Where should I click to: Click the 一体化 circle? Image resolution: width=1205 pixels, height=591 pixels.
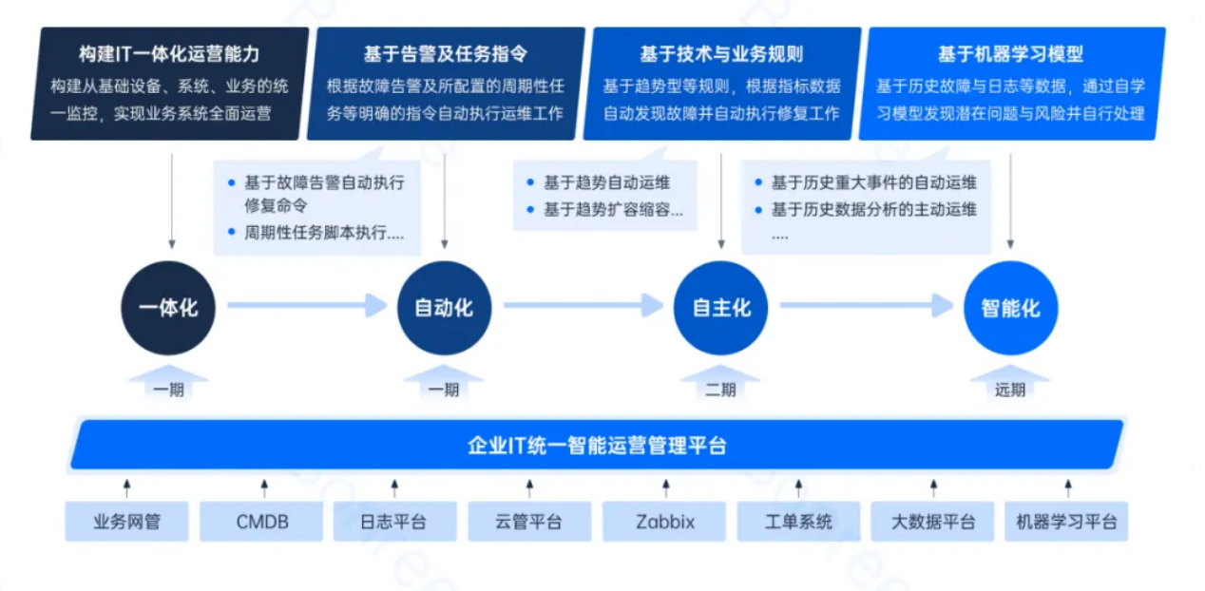click(168, 308)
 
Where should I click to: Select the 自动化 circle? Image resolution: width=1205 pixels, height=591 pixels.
click(444, 308)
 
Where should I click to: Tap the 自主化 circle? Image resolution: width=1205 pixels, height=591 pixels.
click(721, 308)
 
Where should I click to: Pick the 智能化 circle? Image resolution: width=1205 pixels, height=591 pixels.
click(1010, 308)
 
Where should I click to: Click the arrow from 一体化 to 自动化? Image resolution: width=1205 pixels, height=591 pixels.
click(306, 305)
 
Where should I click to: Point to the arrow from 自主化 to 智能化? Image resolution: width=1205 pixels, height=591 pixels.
click(866, 305)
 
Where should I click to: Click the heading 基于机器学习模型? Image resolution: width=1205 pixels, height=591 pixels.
click(1010, 54)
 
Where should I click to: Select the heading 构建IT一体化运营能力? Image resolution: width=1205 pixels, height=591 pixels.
click(169, 54)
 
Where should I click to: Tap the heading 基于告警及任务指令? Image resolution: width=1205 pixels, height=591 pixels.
click(445, 54)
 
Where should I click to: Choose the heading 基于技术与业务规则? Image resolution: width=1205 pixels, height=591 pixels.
click(721, 54)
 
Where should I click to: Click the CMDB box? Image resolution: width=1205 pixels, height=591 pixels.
click(262, 522)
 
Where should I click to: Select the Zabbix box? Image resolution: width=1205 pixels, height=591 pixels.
click(665, 522)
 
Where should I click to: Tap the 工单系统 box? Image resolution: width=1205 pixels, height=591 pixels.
click(798, 522)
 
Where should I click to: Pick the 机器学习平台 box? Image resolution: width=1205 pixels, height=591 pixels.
click(1066, 522)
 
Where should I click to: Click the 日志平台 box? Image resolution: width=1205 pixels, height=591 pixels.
click(393, 522)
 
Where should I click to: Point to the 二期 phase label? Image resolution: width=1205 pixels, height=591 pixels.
click(720, 390)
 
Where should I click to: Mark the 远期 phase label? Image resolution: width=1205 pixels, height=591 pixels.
click(1010, 390)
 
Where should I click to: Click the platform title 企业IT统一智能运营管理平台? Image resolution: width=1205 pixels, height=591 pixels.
click(597, 445)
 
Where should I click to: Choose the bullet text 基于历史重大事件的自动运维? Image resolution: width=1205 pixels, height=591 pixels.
click(873, 183)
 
